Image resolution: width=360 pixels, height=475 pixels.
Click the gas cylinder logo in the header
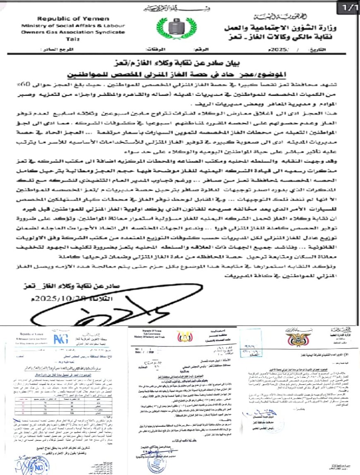179,28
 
